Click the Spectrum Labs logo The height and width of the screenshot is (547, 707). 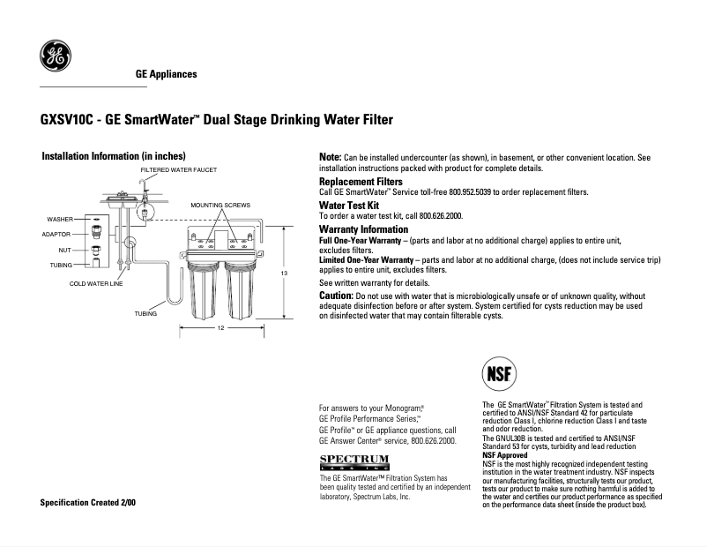pyautogui.click(x=353, y=461)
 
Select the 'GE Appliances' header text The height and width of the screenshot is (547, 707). pyautogui.click(x=166, y=74)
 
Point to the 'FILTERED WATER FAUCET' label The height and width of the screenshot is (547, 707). pyautogui.click(x=179, y=169)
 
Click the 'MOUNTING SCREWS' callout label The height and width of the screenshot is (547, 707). pyautogui.click(x=221, y=205)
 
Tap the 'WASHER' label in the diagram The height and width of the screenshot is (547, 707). pyautogui.click(x=60, y=219)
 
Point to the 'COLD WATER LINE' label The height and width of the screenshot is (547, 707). pyautogui.click(x=96, y=284)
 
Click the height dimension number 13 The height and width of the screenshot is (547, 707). pyautogui.click(x=284, y=274)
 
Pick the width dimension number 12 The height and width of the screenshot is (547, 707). pyautogui.click(x=220, y=328)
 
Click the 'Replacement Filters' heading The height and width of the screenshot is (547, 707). pyautogui.click(x=361, y=182)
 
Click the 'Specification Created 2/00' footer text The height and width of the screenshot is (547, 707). pyautogui.click(x=88, y=503)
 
